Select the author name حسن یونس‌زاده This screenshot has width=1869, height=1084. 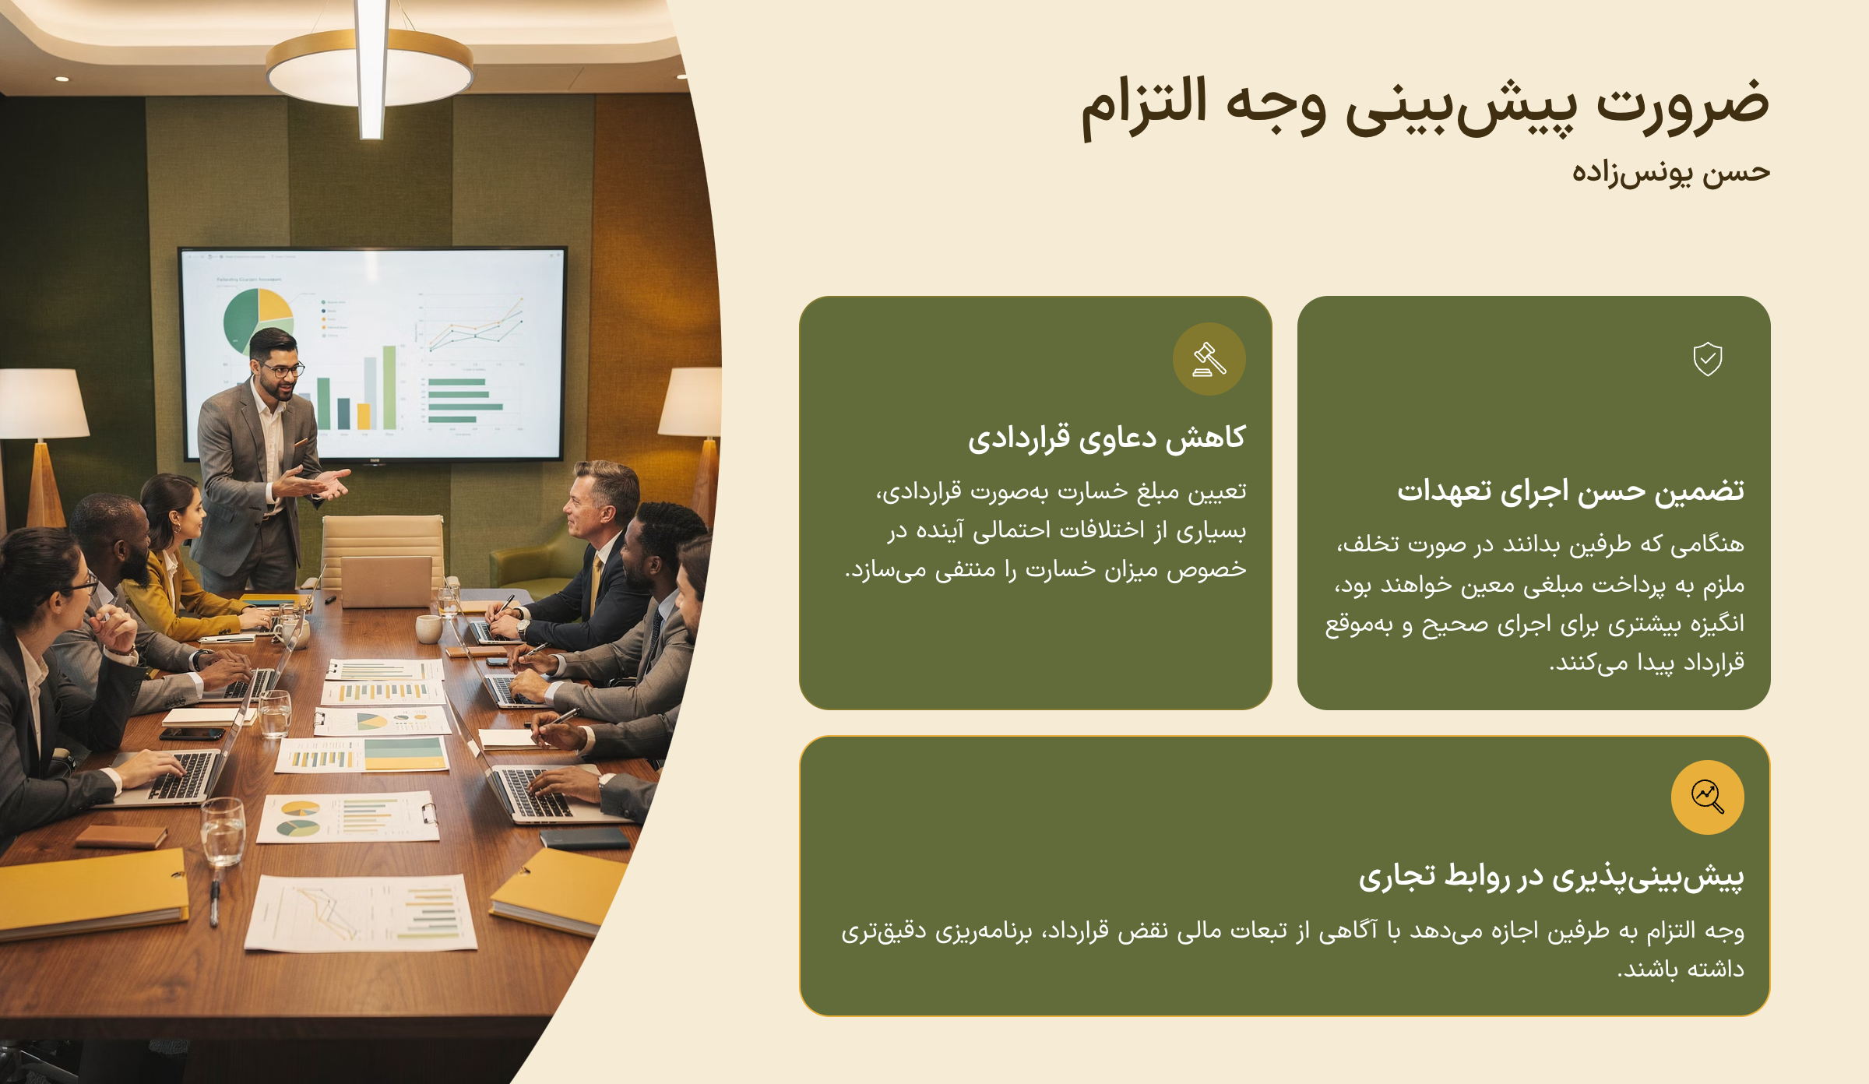[1670, 172]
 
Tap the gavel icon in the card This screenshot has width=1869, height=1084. [1209, 359]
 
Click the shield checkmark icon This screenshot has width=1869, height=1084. [1708, 359]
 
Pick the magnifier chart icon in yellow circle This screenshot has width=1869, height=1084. [1708, 797]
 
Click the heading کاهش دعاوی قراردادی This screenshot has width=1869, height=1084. [1107, 438]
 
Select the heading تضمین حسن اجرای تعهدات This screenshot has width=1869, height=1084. [1571, 491]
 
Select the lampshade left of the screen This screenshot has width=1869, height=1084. [43, 403]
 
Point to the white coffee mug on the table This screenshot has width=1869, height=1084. [428, 628]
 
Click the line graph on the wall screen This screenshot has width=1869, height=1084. [476, 327]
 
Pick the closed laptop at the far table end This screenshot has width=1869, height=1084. [386, 582]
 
